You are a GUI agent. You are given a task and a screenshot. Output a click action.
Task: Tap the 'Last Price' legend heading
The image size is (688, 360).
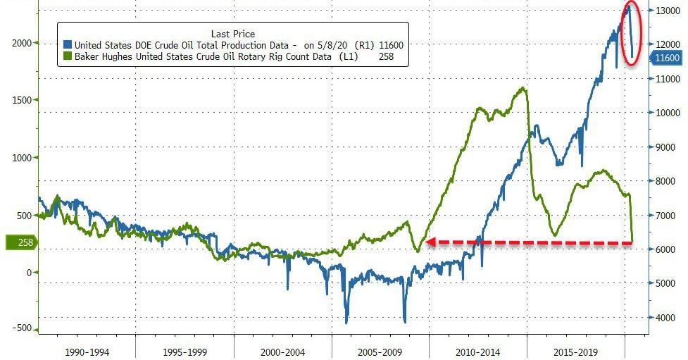pos(233,34)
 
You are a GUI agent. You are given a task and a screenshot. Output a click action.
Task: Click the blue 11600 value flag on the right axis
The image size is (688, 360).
pos(665,58)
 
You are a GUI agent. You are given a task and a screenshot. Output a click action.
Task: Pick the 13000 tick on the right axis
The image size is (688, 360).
pos(665,11)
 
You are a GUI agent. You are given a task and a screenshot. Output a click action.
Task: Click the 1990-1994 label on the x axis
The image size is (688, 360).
pos(86,351)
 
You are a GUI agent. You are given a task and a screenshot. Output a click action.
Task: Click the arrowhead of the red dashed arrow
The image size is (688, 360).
pos(427,242)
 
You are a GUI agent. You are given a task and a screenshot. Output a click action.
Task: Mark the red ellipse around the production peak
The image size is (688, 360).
pos(631,34)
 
